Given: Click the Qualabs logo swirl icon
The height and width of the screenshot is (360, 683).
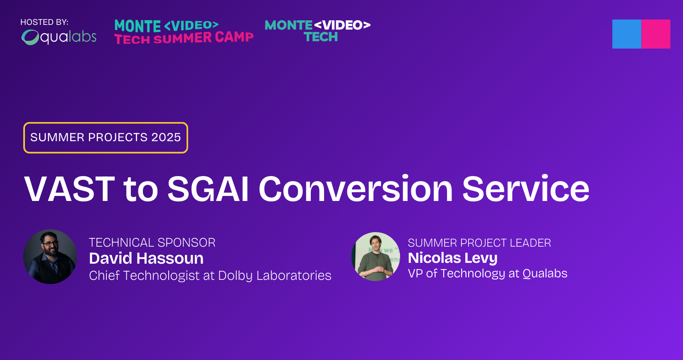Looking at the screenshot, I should tap(30, 37).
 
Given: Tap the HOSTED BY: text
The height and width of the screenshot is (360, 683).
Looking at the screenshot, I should tap(44, 22).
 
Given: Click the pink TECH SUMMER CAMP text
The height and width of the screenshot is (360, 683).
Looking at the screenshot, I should tap(184, 38).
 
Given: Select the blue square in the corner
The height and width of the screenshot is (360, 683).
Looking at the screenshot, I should tap(626, 34).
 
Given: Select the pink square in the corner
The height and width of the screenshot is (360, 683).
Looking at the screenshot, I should tap(656, 34).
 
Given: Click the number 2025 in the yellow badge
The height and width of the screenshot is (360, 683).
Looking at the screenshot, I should tap(166, 137).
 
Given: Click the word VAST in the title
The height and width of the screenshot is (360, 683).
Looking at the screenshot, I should tap(69, 189).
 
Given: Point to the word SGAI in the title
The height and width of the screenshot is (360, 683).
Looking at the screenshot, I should tap(208, 189).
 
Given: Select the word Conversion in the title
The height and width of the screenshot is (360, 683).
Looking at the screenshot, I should tap(356, 189).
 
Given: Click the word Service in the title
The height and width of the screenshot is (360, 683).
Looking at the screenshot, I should tap(526, 189).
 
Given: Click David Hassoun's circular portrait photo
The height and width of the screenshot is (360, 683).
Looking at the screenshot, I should tap(50, 257).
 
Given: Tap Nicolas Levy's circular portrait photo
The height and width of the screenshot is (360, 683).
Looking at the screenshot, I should tap(376, 257).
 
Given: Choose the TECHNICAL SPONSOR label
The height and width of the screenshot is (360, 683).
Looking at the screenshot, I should tap(152, 242).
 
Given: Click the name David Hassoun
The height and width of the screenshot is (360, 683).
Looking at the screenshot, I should tap(146, 258).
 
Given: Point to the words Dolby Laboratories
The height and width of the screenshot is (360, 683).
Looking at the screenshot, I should tap(275, 276).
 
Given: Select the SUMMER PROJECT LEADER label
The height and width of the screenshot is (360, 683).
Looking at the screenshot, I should tap(479, 243).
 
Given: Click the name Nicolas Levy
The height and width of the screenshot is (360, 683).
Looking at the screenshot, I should tap(452, 258).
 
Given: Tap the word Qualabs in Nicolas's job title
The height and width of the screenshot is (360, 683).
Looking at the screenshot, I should tap(545, 274).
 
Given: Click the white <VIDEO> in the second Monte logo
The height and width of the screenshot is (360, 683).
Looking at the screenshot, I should tap(342, 25).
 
